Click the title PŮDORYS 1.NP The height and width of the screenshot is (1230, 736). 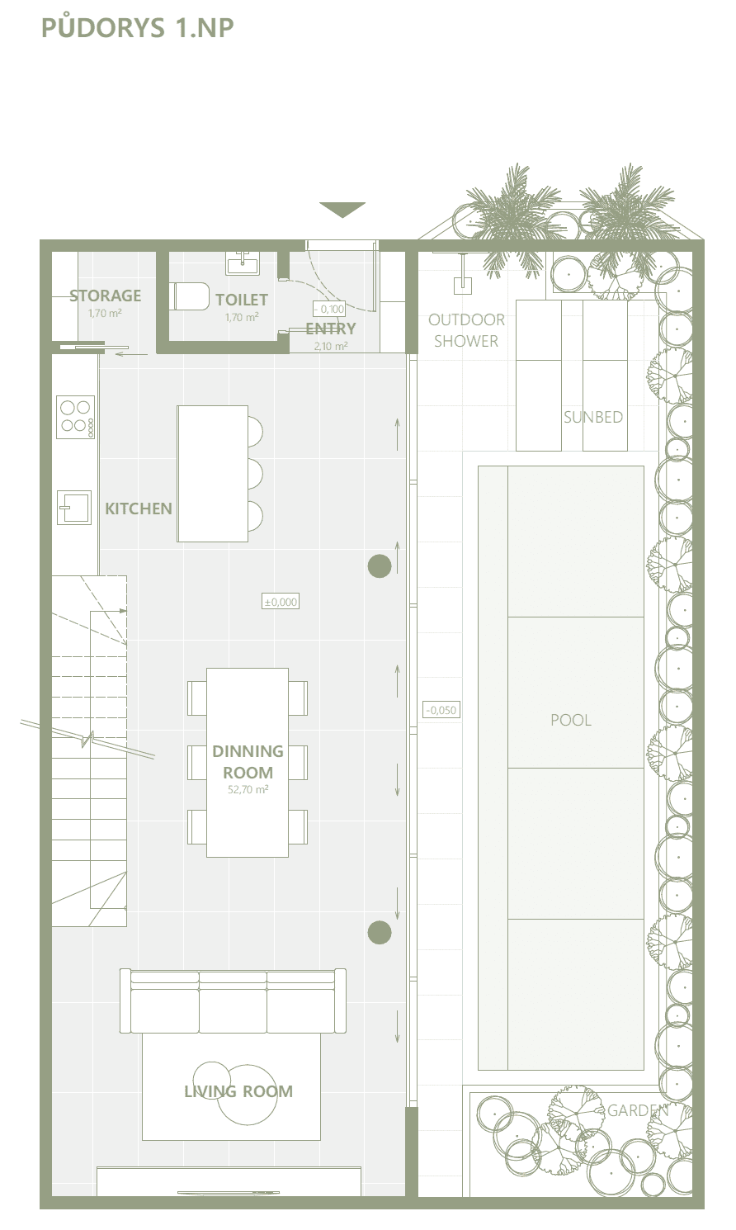[138, 27]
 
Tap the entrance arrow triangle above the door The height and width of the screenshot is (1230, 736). [342, 209]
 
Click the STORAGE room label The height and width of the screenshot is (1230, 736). [106, 296]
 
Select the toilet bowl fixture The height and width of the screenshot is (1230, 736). [189, 296]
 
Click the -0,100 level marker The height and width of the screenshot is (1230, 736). [329, 309]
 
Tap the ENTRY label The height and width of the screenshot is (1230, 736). [330, 329]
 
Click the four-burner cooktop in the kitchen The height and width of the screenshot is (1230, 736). [76, 417]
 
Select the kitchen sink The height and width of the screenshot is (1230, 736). [74, 508]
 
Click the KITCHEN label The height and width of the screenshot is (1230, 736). [139, 509]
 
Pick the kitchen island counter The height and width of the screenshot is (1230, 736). [212, 473]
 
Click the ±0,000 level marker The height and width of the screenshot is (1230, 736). [281, 602]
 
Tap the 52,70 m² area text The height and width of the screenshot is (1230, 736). [248, 790]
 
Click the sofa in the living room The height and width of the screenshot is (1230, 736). [233, 1001]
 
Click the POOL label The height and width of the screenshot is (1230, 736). [571, 720]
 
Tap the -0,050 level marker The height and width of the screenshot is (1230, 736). [441, 710]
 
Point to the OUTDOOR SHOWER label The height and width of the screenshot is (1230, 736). [466, 330]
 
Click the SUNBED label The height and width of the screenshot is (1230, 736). [593, 417]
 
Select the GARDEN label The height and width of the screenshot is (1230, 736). [638, 1110]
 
